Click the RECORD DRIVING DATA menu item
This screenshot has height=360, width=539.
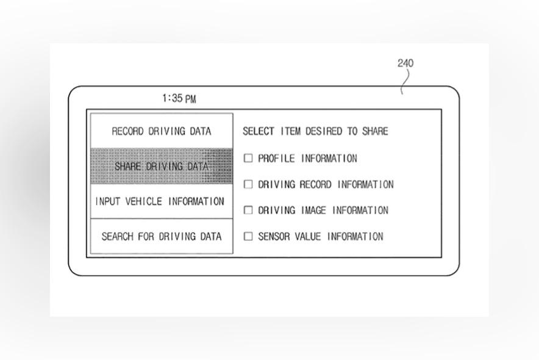(162, 131)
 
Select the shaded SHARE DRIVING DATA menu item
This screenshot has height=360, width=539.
(162, 166)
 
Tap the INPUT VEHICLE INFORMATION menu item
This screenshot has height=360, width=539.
(160, 201)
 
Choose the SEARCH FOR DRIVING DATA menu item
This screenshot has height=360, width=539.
(162, 236)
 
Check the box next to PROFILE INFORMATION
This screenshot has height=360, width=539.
(248, 158)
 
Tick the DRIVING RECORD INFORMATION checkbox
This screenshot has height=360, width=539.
(248, 184)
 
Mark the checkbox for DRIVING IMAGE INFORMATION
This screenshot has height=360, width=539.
(248, 210)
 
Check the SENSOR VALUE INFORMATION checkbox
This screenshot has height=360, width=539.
(248, 236)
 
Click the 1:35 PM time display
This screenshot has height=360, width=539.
(179, 98)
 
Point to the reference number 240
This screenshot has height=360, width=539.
(405, 63)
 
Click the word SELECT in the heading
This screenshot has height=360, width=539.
(259, 131)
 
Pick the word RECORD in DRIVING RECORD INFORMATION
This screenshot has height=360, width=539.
(315, 184)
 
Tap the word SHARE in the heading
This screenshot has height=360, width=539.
(373, 131)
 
